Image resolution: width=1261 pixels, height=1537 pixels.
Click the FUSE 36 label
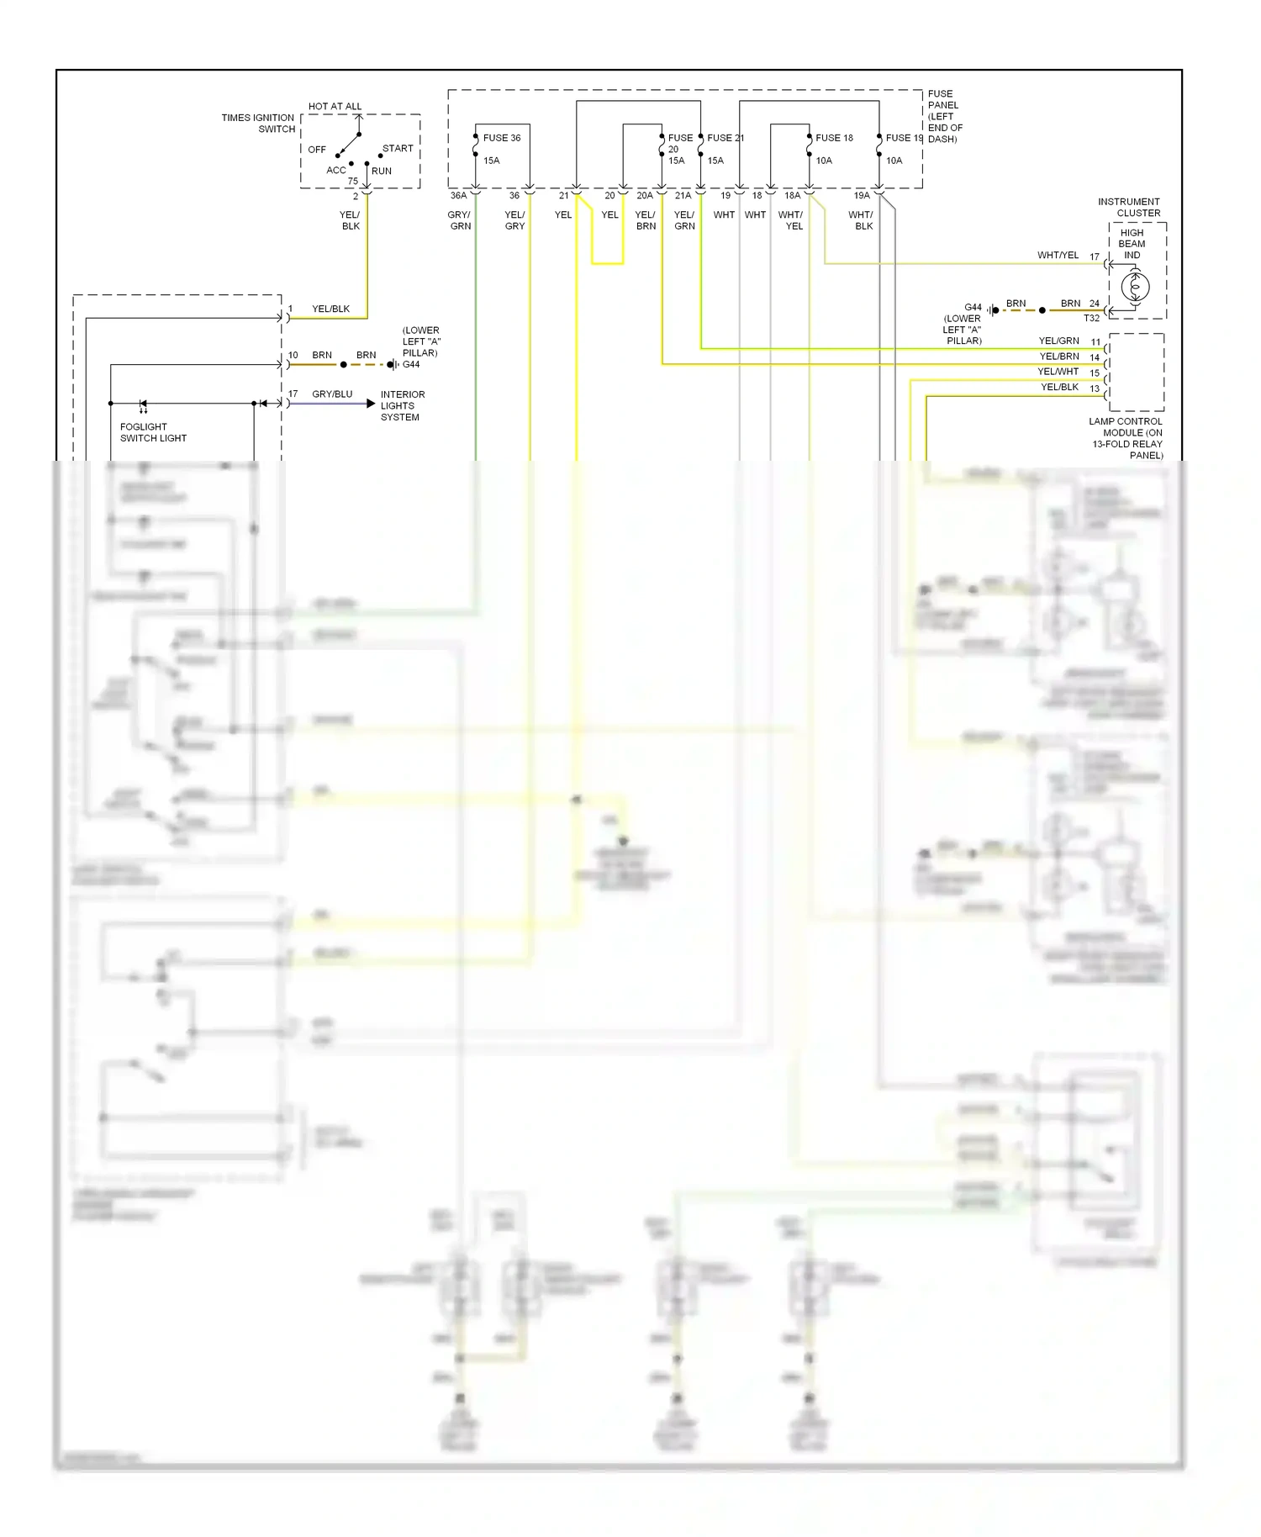501,138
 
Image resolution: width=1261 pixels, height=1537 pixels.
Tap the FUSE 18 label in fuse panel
834,138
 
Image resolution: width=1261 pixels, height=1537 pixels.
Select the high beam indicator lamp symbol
1135,288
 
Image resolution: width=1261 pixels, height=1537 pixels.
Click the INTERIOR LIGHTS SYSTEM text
402,405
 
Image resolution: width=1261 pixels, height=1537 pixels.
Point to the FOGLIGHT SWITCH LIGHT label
153,432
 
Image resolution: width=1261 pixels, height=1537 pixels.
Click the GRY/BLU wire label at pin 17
332,394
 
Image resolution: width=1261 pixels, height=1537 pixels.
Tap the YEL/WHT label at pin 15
1058,372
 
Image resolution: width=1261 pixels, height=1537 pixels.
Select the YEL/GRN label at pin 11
1058,341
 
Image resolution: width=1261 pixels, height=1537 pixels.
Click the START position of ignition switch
398,149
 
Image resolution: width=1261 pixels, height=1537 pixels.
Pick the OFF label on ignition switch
317,150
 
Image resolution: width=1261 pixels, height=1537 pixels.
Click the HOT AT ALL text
335,107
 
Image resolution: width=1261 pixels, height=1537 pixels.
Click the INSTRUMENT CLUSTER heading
1128,208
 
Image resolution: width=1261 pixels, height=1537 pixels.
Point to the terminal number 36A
458,196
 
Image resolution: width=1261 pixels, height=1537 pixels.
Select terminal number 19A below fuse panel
862,196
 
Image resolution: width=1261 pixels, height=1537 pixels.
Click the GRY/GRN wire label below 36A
460,220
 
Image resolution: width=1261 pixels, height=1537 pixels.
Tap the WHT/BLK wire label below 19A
862,220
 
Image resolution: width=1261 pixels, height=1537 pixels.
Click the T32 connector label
1091,319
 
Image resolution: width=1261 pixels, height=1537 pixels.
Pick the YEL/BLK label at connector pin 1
330,309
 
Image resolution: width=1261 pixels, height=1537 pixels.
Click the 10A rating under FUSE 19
894,161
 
